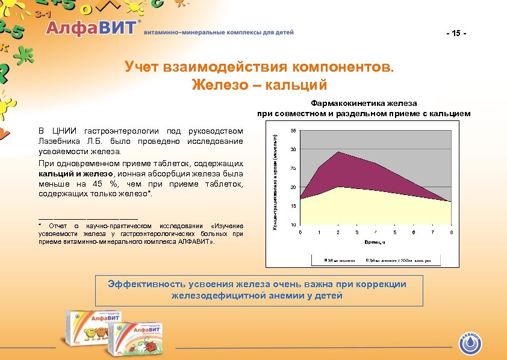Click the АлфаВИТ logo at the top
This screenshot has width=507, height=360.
[x=93, y=29]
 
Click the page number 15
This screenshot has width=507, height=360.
[x=456, y=33]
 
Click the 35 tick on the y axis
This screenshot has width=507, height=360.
[x=293, y=131]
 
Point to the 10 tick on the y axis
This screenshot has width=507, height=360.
[x=293, y=225]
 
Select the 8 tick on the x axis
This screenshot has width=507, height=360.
[x=451, y=232]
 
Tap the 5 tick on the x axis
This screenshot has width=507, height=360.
[x=394, y=232]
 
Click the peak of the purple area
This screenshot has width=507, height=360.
[x=338, y=152]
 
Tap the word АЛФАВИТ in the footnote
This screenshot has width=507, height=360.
[x=193, y=241]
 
